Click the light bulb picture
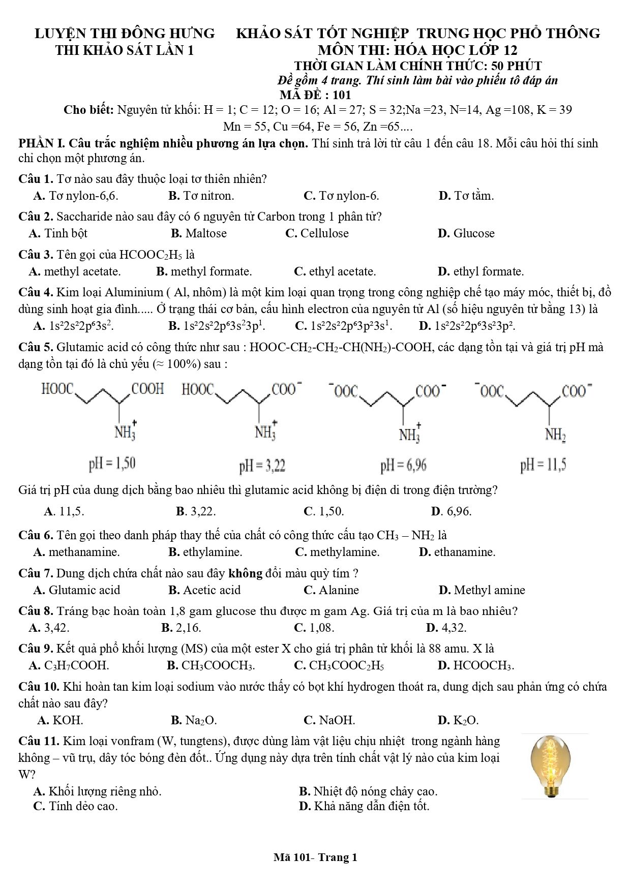click(555, 766)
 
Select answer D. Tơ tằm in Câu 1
click(466, 196)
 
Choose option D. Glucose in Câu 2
click(466, 233)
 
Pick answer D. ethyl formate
click(480, 271)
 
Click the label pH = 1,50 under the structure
click(112, 463)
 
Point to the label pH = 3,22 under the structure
click(262, 465)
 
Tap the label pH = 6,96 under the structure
click(403, 465)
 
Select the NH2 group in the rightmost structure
click(556, 435)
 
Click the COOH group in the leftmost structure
click(148, 389)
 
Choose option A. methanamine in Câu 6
click(76, 551)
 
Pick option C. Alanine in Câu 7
click(331, 590)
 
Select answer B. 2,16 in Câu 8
click(181, 627)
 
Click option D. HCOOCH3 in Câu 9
click(475, 665)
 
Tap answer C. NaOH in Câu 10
click(329, 720)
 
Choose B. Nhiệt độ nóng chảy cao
click(368, 791)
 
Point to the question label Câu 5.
click(36, 348)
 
